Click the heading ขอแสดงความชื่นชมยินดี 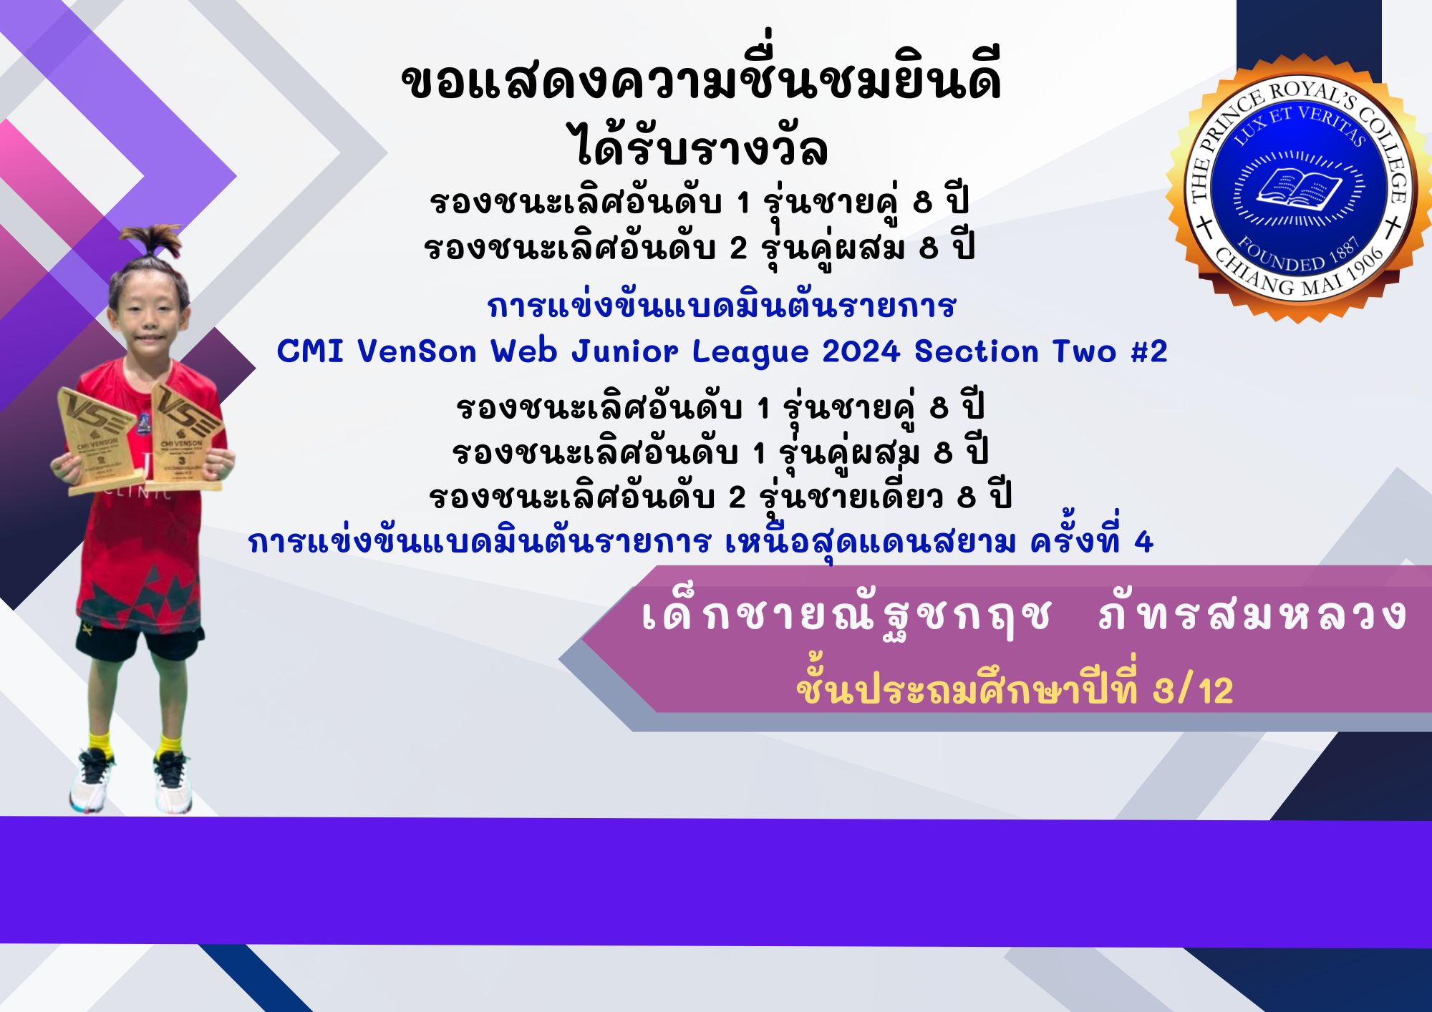click(701, 82)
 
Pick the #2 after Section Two click(1149, 351)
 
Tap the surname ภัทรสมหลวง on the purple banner click(1254, 615)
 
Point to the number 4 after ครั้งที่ click(1144, 543)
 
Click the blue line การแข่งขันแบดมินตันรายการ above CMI click(721, 306)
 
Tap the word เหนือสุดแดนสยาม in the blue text click(870, 543)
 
